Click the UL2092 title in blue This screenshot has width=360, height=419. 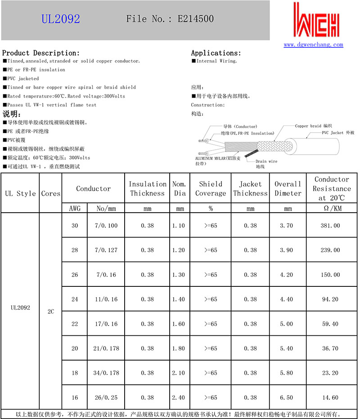pos(61,19)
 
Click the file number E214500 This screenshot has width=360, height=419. pos(195,19)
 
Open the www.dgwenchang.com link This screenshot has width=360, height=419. pos(313,45)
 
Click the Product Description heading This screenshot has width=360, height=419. pos(41,53)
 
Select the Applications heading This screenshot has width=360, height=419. pos(216,53)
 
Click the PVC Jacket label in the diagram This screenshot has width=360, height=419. pos(338,133)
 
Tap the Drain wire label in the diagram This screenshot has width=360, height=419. pos(266,161)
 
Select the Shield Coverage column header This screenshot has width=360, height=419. pos(211,188)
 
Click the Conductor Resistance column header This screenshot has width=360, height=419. pos(332,188)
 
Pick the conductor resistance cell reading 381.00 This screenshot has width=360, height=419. pos(330,225)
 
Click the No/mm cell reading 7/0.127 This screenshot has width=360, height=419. pos(106,250)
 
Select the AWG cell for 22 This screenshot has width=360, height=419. pos(75,324)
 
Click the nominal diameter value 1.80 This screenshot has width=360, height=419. pos(179,348)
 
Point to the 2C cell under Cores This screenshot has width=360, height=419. pos(50,311)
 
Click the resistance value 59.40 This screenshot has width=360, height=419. pos(330,324)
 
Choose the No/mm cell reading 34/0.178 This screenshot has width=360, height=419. pos(106,373)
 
